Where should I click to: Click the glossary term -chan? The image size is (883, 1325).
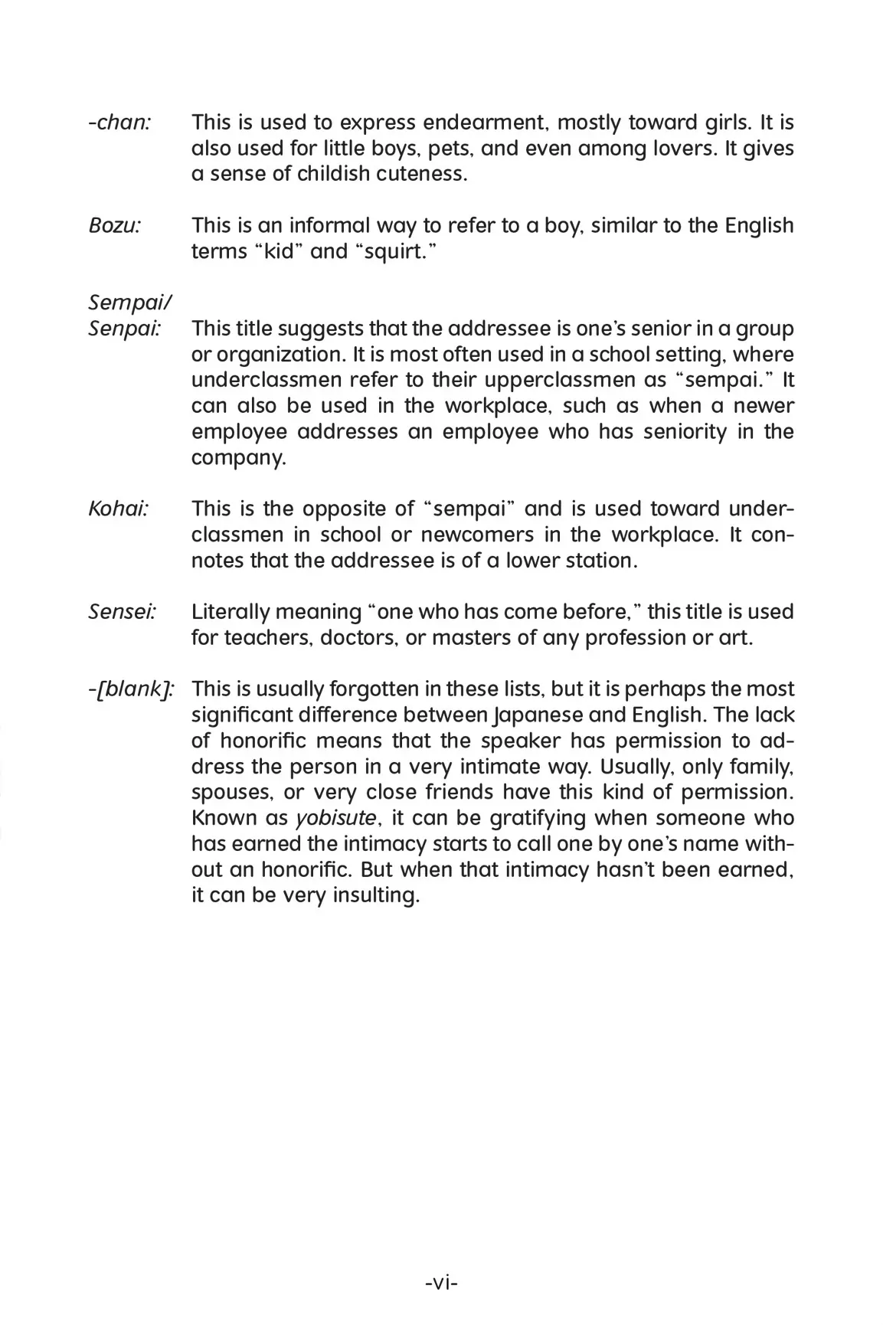(x=119, y=123)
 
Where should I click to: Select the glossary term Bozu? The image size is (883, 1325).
(x=115, y=226)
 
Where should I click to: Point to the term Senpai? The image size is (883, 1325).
(x=125, y=329)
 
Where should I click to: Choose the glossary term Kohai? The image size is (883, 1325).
(x=118, y=509)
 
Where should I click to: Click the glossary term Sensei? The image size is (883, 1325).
(x=123, y=612)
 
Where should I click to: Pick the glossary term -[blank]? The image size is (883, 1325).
(x=131, y=689)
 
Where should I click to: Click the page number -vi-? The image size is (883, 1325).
(x=441, y=1283)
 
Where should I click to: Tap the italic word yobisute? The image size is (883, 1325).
(x=336, y=819)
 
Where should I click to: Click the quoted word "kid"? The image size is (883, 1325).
(x=276, y=252)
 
